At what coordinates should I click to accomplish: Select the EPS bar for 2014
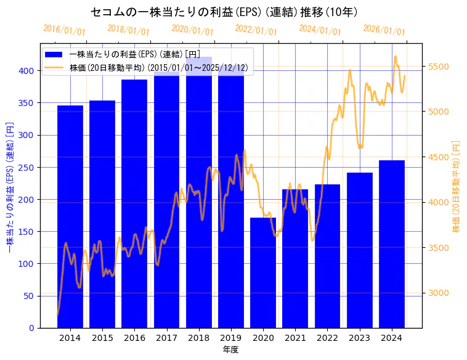(x=70, y=216)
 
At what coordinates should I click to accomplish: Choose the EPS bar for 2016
(x=134, y=203)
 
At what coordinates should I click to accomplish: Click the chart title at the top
(x=224, y=12)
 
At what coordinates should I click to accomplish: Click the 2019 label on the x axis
(x=231, y=338)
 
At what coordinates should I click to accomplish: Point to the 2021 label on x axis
(x=295, y=338)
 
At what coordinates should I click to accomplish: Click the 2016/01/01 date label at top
(x=65, y=30)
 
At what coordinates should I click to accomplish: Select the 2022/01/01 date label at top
(x=256, y=30)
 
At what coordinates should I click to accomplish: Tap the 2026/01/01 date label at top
(x=384, y=30)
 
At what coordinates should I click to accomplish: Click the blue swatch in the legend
(x=54, y=55)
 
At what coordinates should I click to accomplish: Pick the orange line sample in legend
(x=54, y=67)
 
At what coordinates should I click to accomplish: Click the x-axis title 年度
(x=231, y=350)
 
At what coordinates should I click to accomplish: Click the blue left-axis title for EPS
(x=10, y=186)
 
